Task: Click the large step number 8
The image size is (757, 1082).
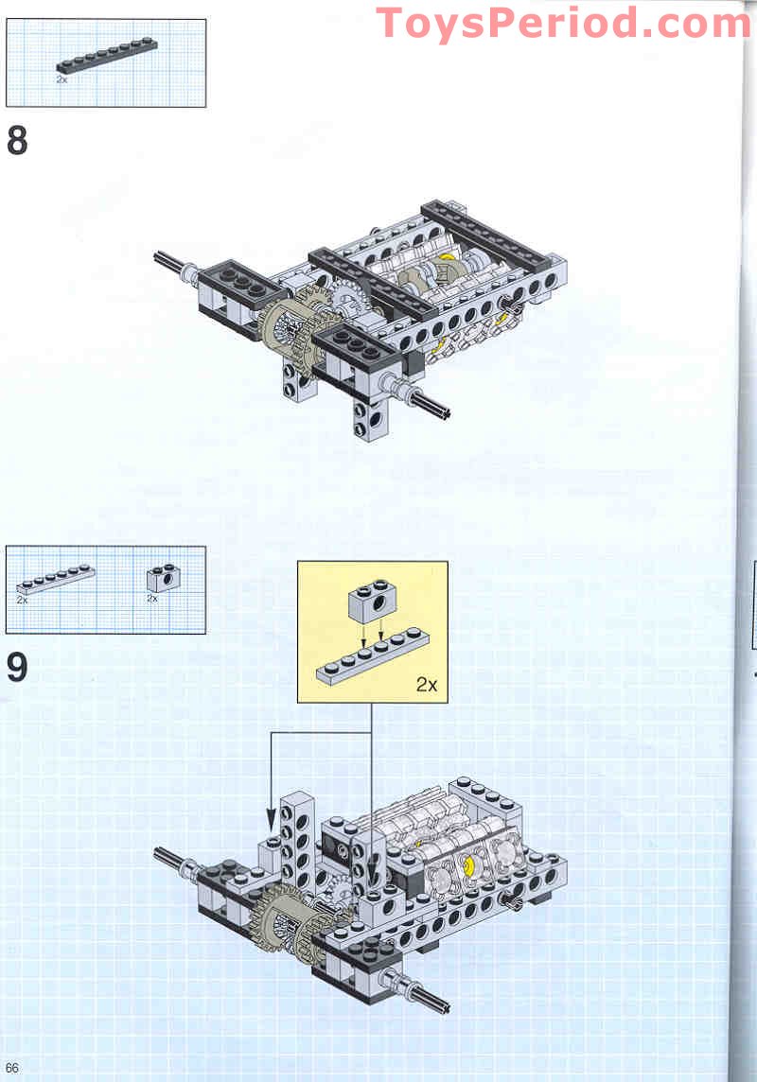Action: [17, 141]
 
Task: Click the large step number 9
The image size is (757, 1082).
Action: [17, 667]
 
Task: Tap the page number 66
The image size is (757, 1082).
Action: [12, 1067]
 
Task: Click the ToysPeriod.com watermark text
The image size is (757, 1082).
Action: [564, 22]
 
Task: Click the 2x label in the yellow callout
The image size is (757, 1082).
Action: [427, 685]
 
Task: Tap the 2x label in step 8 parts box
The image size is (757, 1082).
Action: [62, 80]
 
